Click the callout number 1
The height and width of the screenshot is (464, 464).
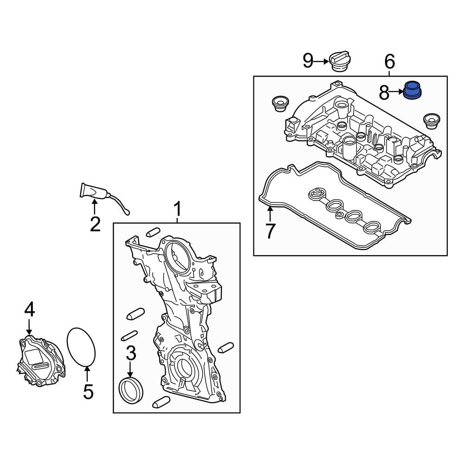177,209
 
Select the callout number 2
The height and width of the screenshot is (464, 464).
95,224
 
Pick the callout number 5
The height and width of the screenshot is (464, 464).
88,392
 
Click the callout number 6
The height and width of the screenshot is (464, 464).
389,61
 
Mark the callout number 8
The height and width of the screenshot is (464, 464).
384,93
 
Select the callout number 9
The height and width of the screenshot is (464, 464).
308,61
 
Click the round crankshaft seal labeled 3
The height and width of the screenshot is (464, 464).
131,391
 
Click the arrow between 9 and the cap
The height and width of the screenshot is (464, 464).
322,61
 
